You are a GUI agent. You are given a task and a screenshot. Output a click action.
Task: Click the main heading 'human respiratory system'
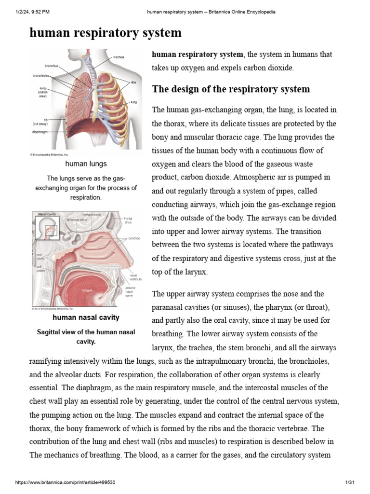[106, 33]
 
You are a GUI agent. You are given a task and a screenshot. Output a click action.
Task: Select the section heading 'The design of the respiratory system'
[231, 89]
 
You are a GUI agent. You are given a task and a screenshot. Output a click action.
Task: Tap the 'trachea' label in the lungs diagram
[119, 57]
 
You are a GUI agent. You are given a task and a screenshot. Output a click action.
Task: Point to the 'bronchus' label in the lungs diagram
[52, 66]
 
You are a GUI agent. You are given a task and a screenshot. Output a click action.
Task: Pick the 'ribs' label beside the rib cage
[133, 82]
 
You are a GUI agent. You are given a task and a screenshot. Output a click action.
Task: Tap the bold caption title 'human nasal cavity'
[86, 317]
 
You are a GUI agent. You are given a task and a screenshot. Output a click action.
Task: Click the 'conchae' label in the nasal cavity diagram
[134, 238]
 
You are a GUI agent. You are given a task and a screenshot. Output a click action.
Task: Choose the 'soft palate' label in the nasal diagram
[41, 269]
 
